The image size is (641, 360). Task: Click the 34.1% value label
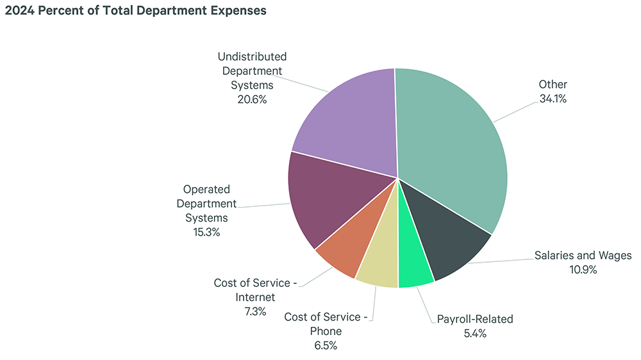(x=553, y=99)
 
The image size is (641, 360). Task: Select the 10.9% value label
(x=583, y=270)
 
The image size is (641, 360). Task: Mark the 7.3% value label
(x=254, y=312)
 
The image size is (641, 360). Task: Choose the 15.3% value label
(x=206, y=232)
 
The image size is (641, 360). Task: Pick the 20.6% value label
(x=251, y=99)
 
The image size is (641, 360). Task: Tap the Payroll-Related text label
(x=475, y=319)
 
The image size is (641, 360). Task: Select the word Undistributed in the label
(x=252, y=57)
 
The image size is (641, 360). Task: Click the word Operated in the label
(x=206, y=190)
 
